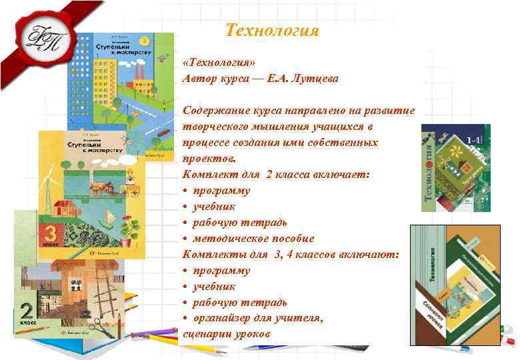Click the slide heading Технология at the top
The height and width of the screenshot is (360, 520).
(x=272, y=31)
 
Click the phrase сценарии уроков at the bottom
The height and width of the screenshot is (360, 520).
(x=227, y=333)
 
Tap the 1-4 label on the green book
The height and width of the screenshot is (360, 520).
(x=475, y=140)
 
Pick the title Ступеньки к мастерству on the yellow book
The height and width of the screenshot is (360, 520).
(x=93, y=147)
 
